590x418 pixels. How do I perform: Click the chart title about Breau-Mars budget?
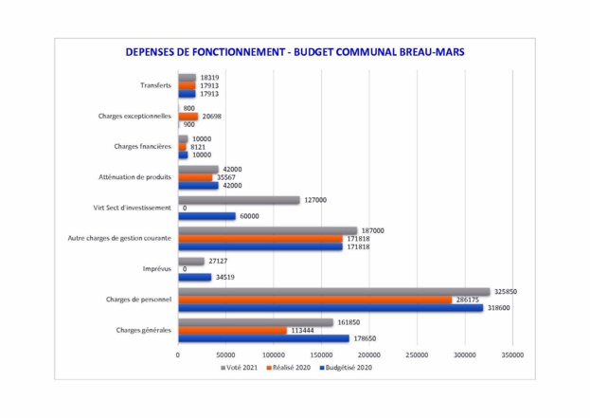pos(295,52)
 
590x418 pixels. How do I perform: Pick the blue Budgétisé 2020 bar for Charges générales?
pos(263,337)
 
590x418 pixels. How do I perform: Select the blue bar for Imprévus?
pos(194,277)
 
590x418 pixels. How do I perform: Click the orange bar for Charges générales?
pos(232,330)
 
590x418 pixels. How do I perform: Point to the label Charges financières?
pos(142,147)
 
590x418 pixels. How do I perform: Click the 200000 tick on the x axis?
pos(368,354)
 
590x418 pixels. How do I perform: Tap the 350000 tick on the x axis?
pos(511,354)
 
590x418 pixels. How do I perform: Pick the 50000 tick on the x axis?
pos(225,354)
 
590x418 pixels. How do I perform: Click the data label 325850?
pos(504,292)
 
